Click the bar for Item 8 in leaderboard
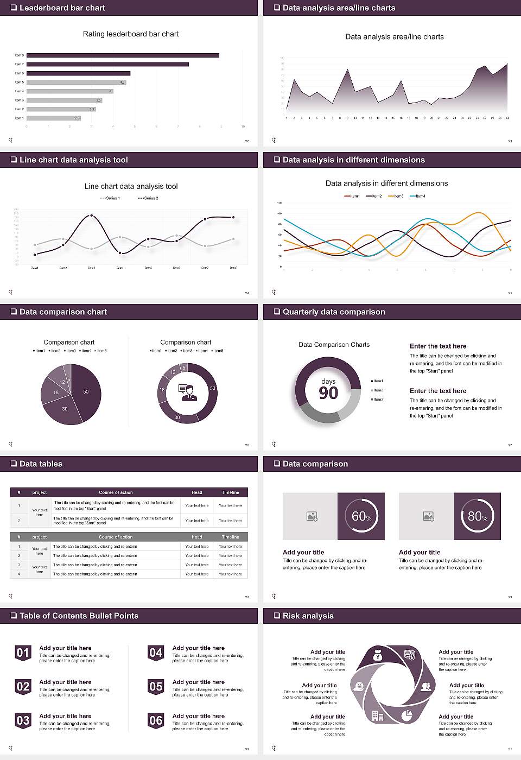point(123,55)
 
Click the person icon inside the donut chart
point(188,392)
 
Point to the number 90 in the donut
point(328,393)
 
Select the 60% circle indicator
point(361,516)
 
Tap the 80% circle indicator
point(477,516)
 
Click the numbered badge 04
point(156,653)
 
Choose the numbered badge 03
point(23,720)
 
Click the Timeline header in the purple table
point(230,492)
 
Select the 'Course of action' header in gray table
point(116,537)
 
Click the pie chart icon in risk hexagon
point(407,715)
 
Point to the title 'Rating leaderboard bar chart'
point(131,34)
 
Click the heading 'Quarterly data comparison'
point(334,312)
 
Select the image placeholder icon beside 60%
point(312,516)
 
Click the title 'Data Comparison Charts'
point(334,345)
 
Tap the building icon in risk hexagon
point(378,716)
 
